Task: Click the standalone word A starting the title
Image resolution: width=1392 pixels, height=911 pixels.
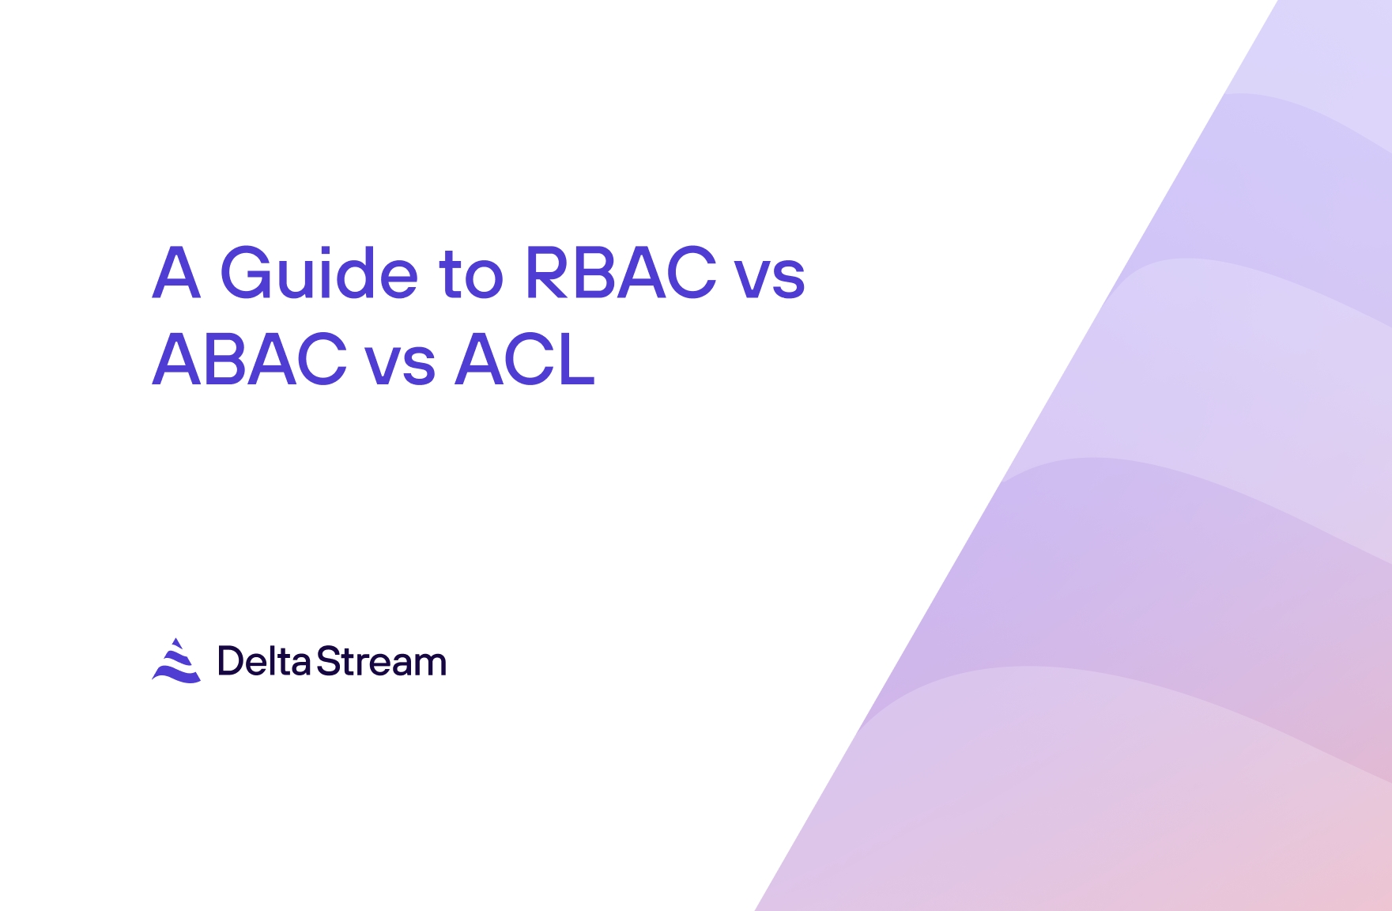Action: [x=176, y=273]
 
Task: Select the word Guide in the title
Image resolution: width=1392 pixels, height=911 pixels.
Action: [x=319, y=273]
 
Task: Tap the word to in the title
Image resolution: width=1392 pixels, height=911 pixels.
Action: [x=471, y=274]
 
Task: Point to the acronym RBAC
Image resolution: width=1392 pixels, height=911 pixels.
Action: [x=621, y=273]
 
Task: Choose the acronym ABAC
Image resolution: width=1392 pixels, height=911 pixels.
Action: [x=250, y=360]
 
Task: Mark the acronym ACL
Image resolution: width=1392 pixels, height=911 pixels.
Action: [x=525, y=360]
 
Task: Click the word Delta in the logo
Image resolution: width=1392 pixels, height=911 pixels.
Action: [x=264, y=661]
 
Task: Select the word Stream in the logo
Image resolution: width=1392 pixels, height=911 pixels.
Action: [x=382, y=661]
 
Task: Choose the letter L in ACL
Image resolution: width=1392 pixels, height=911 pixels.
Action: [x=576, y=360]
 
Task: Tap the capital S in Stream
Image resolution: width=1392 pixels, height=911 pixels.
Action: [x=327, y=661]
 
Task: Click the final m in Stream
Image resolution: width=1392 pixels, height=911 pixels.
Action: [x=432, y=665]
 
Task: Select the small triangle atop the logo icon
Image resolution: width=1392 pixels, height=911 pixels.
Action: [x=177, y=643]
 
